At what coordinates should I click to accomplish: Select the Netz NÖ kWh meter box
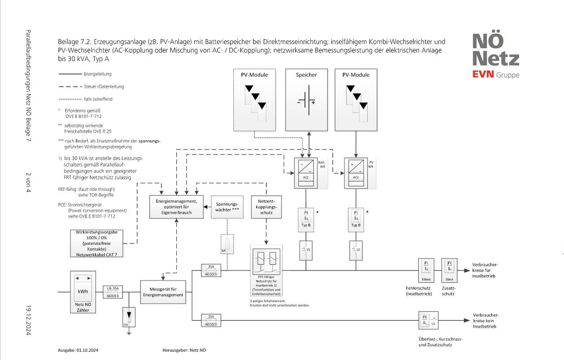83,292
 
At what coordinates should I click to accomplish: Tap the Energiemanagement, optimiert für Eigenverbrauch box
177,206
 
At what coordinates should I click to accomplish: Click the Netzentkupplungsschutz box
266,206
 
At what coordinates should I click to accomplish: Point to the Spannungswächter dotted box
227,206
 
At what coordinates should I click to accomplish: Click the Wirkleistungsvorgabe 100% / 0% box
96,243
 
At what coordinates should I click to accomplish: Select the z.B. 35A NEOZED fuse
112,292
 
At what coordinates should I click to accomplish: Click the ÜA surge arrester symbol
129,316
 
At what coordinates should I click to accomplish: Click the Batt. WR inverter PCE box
306,173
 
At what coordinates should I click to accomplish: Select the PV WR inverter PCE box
356,173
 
